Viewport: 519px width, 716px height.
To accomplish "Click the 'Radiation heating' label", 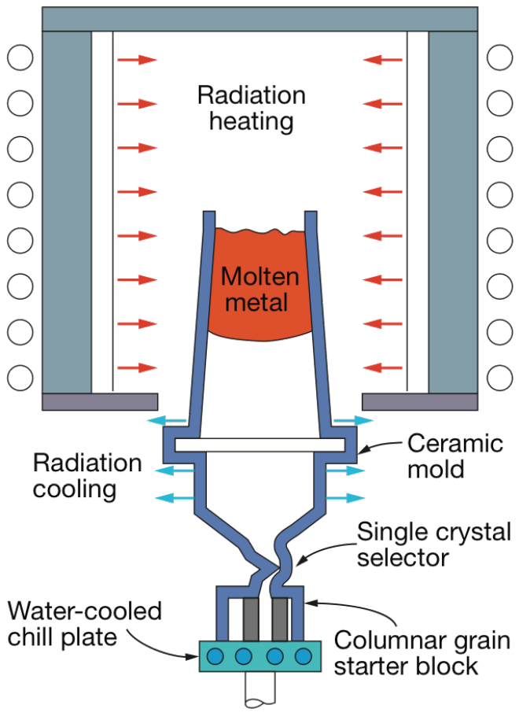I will (x=251, y=109).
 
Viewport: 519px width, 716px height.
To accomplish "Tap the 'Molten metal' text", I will (x=260, y=289).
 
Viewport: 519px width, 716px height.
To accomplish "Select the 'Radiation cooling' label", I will (x=87, y=476).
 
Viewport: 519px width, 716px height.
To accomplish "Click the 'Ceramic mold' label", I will (x=455, y=456).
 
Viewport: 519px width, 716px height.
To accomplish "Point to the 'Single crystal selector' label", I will (x=434, y=544).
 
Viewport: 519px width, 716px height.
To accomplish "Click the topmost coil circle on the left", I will (x=20, y=57).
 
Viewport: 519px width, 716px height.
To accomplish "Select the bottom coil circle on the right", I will (x=499, y=378).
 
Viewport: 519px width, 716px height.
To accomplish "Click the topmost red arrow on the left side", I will (x=137, y=59).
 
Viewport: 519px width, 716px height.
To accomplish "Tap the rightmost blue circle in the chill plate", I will (x=303, y=655).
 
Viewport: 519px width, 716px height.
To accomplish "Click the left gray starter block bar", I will (x=251, y=619).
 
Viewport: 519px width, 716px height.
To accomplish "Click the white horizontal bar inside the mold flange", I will (x=259, y=445).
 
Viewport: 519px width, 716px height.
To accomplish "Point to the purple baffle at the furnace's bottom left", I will (x=100, y=401).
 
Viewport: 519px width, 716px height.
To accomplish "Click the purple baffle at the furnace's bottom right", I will (x=419, y=401).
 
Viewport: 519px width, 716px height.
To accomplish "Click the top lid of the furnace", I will (x=259, y=19).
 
